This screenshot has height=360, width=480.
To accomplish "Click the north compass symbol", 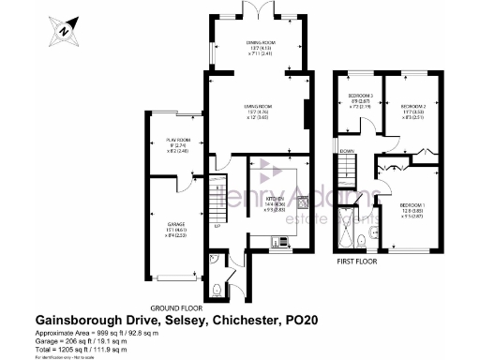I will tap(63, 31).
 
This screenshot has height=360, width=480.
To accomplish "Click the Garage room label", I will tap(177, 225).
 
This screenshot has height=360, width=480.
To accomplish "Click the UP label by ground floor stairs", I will tap(217, 226).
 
